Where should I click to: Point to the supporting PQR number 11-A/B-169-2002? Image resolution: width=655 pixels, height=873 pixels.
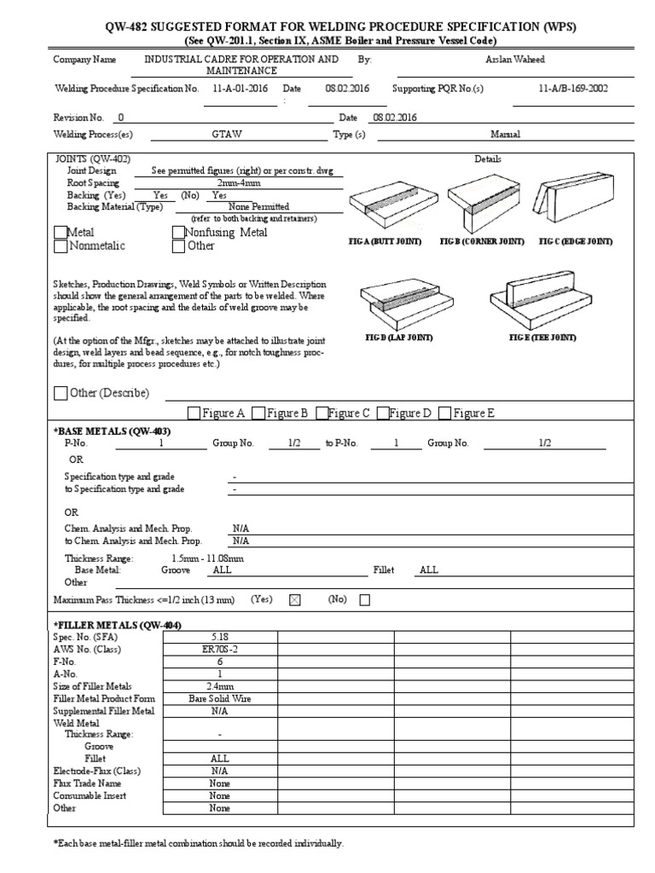click(572, 89)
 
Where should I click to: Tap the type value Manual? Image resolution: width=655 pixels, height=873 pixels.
click(505, 134)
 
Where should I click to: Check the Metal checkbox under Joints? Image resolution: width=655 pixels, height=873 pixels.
click(60, 233)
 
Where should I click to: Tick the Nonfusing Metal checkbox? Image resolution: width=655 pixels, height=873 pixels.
click(178, 233)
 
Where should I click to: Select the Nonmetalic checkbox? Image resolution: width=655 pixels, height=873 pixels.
click(60, 246)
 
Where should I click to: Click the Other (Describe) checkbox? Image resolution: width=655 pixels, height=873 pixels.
click(60, 393)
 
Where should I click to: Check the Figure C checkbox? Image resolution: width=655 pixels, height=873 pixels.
click(322, 413)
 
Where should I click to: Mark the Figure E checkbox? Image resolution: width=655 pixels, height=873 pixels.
click(444, 413)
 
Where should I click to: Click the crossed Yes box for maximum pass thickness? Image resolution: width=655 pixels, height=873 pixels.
click(295, 600)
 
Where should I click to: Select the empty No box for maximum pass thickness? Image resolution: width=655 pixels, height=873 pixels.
click(365, 600)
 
